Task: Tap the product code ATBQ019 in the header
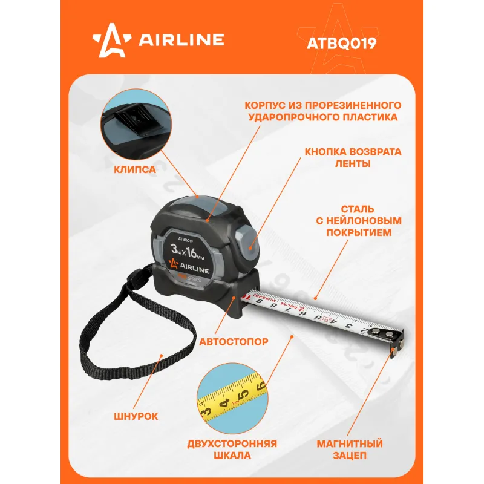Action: pyautogui.click(x=341, y=43)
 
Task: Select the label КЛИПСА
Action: pyautogui.click(x=135, y=169)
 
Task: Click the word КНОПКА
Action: pyautogui.click(x=326, y=152)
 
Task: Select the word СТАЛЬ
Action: pyautogui.click(x=358, y=209)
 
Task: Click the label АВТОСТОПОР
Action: pyautogui.click(x=234, y=342)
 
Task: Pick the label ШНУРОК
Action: pyautogui.click(x=136, y=416)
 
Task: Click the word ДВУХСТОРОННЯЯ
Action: pyautogui.click(x=232, y=443)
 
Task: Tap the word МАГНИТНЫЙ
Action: pyautogui.click(x=350, y=443)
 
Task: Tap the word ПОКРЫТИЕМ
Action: pyautogui.click(x=359, y=232)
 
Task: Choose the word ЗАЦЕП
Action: pyautogui.click(x=350, y=456)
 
